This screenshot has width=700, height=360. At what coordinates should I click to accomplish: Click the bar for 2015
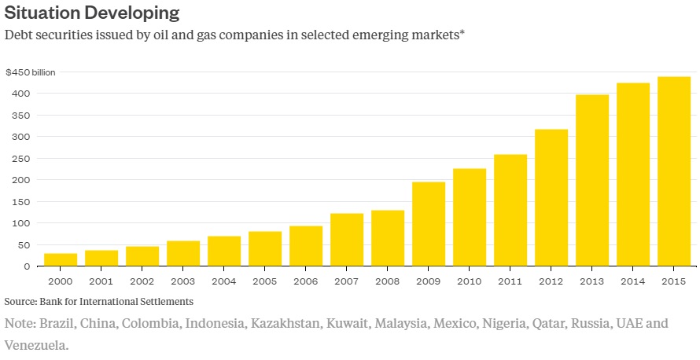pyautogui.click(x=674, y=171)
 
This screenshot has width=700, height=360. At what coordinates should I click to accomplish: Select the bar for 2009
pyautogui.click(x=429, y=224)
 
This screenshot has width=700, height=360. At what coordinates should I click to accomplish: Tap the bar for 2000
pyautogui.click(x=61, y=259)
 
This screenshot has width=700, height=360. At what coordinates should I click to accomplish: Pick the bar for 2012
pyautogui.click(x=551, y=197)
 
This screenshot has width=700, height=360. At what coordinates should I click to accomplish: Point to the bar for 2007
pyautogui.click(x=347, y=240)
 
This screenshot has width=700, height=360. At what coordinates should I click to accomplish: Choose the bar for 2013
pyautogui.click(x=592, y=180)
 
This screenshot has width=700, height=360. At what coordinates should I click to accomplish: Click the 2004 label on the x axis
pyautogui.click(x=224, y=281)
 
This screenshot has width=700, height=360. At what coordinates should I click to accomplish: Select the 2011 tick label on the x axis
pyautogui.click(x=510, y=281)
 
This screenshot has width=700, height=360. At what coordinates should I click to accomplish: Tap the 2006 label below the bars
pyautogui.click(x=306, y=281)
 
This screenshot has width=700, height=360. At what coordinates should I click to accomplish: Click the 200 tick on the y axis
pyautogui.click(x=21, y=180)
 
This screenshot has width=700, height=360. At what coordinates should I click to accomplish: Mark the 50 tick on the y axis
pyautogui.click(x=24, y=245)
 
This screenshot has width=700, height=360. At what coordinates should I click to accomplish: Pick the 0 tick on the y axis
pyautogui.click(x=27, y=266)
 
